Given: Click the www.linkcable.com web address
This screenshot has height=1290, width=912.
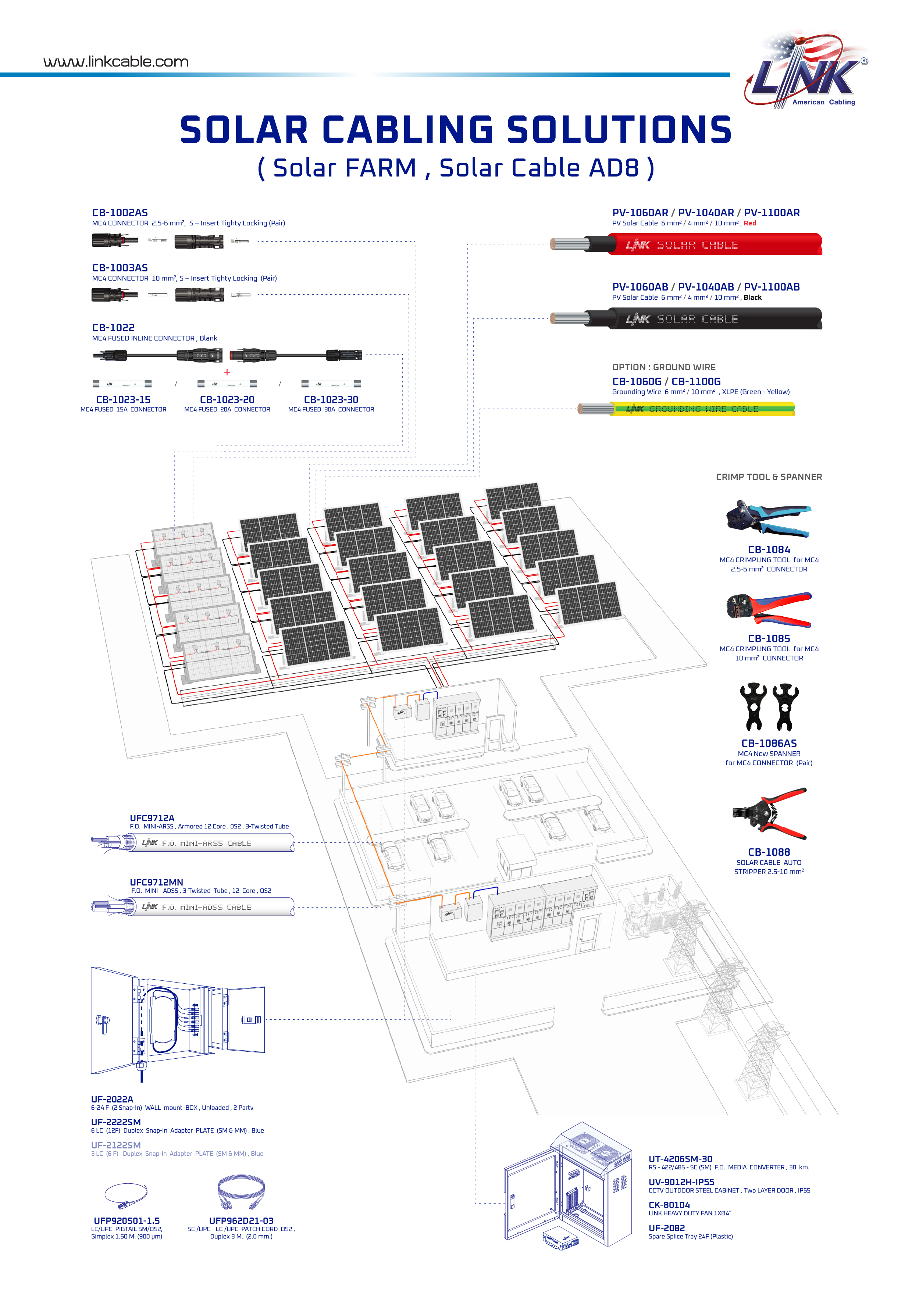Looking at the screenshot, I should click(116, 62).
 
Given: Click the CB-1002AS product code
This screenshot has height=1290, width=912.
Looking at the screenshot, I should click(120, 213).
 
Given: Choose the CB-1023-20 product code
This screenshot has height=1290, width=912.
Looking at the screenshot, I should click(227, 399).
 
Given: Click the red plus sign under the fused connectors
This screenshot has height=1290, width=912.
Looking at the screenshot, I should click(227, 372).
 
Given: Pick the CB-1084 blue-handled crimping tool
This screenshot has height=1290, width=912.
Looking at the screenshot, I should click(768, 518).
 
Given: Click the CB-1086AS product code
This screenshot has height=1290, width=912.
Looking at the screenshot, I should click(769, 743).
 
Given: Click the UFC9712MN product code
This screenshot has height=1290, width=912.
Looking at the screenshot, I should click(156, 882).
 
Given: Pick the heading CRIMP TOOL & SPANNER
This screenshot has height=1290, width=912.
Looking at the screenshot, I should click(769, 477).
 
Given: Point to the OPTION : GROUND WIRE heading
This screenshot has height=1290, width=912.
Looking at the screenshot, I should click(664, 367).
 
